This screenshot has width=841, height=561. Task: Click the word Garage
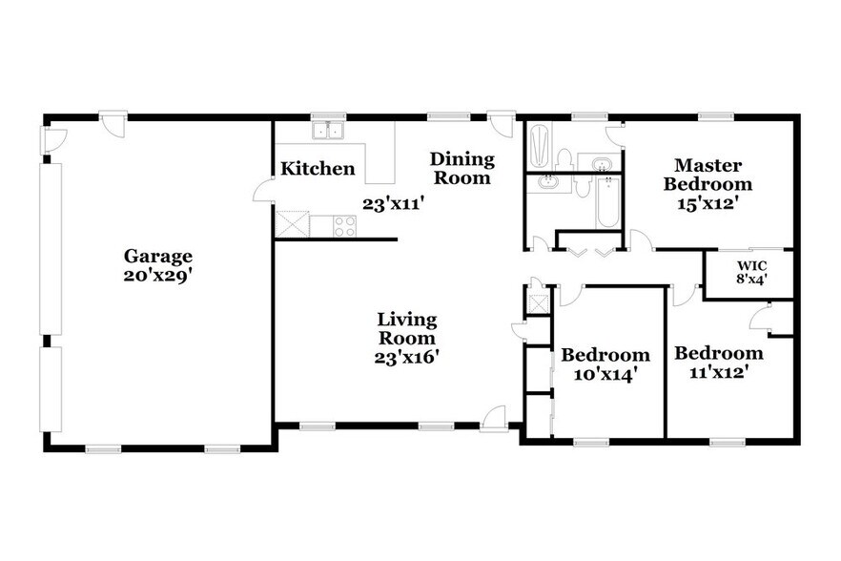158,256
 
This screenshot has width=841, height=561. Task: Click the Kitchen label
318,169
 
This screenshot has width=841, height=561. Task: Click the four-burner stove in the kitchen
343,226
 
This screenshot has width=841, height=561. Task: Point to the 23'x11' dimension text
393,202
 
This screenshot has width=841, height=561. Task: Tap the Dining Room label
462,168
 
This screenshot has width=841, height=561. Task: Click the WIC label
751,264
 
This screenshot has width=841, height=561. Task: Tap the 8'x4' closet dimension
751,280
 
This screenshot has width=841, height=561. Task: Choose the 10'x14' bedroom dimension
605,374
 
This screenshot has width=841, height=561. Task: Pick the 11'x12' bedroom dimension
719,372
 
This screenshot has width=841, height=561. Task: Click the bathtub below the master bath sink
608,204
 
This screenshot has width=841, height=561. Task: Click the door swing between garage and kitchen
264,191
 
